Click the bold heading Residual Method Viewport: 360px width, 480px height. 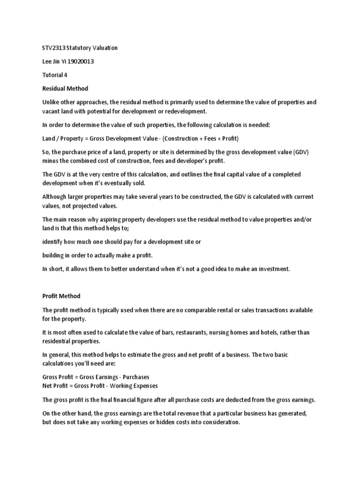(x=65, y=88)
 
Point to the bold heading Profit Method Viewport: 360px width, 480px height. (x=61, y=296)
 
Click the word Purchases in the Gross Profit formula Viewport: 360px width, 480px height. (x=136, y=377)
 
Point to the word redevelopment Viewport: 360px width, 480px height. (x=188, y=111)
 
